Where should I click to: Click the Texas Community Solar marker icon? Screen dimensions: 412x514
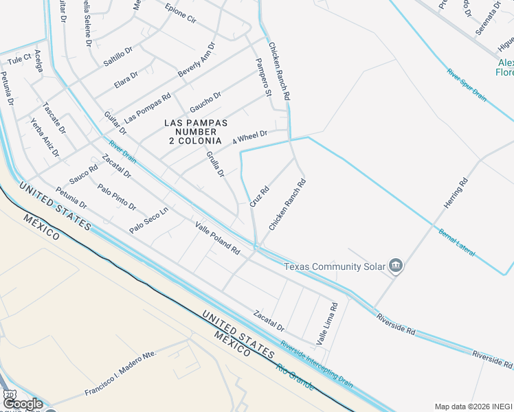[395, 265]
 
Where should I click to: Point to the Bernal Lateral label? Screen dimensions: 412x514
[456, 242]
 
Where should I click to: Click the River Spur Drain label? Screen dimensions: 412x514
[466, 85]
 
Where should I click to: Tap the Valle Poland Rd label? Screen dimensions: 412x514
[216, 238]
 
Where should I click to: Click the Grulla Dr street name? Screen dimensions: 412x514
[216, 165]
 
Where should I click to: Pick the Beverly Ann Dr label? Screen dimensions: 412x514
[196, 60]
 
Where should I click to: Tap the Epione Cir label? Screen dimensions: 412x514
[181, 14]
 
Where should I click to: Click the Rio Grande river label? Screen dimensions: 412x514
[295, 377]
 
